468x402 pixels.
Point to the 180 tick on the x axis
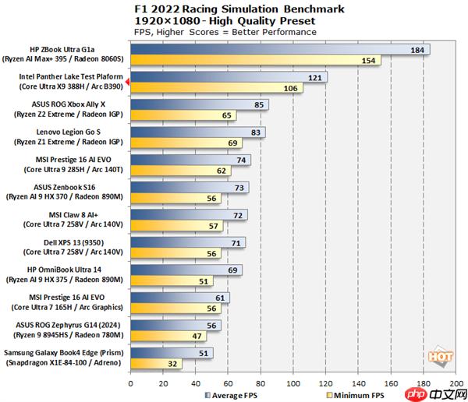425,383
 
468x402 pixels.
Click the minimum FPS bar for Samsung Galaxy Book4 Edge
156,363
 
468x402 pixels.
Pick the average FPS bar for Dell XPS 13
188,242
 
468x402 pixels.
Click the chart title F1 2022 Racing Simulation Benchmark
234,7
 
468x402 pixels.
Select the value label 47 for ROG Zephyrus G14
199,336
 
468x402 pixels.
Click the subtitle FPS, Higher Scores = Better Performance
225,32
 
